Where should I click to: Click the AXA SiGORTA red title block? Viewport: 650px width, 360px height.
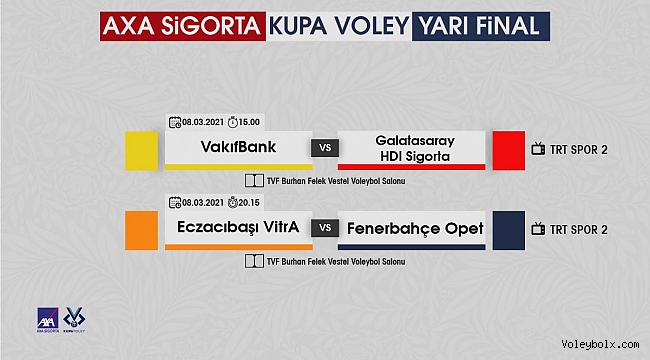click(182, 26)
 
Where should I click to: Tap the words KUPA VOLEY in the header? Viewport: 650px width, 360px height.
click(339, 26)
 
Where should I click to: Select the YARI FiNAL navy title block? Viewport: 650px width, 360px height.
click(481, 26)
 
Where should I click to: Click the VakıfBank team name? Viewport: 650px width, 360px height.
click(238, 147)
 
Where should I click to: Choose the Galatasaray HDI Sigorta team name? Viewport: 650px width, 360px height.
click(415, 148)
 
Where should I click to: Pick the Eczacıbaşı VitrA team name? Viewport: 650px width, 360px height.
click(238, 227)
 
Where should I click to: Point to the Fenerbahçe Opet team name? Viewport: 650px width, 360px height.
click(415, 229)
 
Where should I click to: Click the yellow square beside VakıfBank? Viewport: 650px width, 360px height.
click(142, 151)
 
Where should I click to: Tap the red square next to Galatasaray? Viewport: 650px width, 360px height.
click(509, 151)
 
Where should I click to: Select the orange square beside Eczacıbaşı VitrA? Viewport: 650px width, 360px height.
click(142, 231)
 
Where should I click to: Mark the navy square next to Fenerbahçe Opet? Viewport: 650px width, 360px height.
click(509, 231)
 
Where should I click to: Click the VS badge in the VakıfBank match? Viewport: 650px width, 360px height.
click(325, 148)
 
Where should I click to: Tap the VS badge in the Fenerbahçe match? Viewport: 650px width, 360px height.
click(325, 228)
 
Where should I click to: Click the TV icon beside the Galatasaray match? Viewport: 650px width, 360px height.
click(538, 149)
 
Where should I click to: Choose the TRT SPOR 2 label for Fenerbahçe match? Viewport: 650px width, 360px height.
click(579, 230)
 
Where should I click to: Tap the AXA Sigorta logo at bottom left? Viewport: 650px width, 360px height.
click(48, 320)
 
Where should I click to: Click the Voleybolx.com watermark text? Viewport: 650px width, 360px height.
click(600, 344)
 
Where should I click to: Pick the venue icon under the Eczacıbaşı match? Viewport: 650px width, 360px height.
click(254, 261)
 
